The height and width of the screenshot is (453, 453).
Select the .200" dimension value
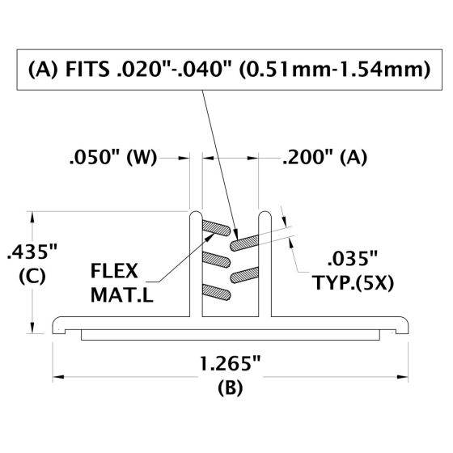tap(305, 159)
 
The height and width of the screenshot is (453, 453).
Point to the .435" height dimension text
tap(29, 252)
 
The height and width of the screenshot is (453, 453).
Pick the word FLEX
tap(116, 269)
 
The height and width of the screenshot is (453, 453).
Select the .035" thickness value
tap(352, 260)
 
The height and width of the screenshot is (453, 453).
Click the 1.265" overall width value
tap(231, 363)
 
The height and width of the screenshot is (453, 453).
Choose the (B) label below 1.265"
tap(231, 387)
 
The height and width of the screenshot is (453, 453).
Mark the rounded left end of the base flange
tap(58, 325)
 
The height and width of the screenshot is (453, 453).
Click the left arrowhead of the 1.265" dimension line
tap(59, 375)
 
